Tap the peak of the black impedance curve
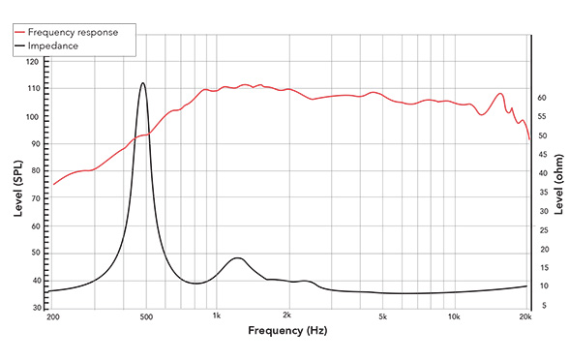[x=143, y=83]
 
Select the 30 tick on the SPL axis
[x=35, y=308]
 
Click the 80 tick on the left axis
[x=35, y=171]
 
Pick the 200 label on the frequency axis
[x=52, y=316]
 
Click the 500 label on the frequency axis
[x=145, y=316]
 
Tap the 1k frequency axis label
[x=217, y=316]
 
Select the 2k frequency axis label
[x=287, y=316]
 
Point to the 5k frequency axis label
[x=382, y=316]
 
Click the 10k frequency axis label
[x=454, y=316]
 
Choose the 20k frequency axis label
[x=525, y=316]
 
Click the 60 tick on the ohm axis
[x=543, y=98]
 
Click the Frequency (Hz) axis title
[x=287, y=331]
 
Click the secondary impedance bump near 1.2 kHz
[x=235, y=258]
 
